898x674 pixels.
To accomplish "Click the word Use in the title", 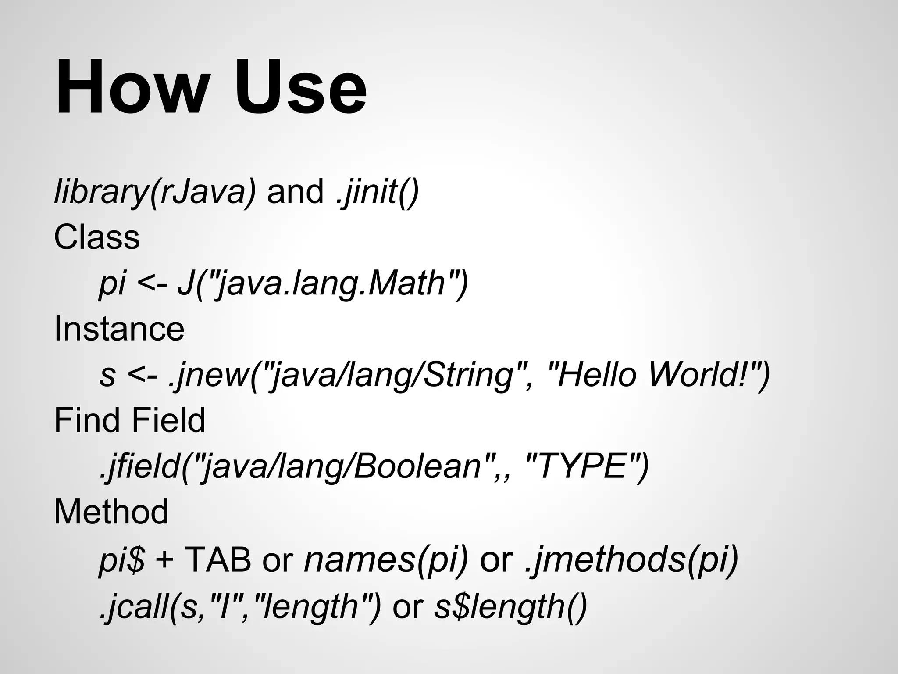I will [x=300, y=88].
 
